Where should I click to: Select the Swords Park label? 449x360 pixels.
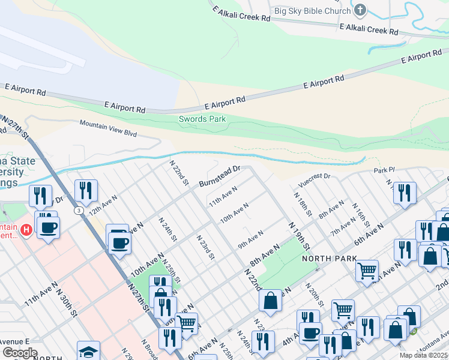(202, 119)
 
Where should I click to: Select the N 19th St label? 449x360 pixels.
(299, 236)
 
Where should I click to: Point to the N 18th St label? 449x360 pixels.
(303, 204)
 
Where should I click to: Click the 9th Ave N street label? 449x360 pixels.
(250, 239)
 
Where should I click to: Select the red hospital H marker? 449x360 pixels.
(26, 229)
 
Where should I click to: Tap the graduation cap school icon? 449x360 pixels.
(88, 352)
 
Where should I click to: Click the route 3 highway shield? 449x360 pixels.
(79, 211)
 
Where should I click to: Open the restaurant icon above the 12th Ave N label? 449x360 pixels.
(86, 190)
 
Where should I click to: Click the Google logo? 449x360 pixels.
(20, 352)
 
